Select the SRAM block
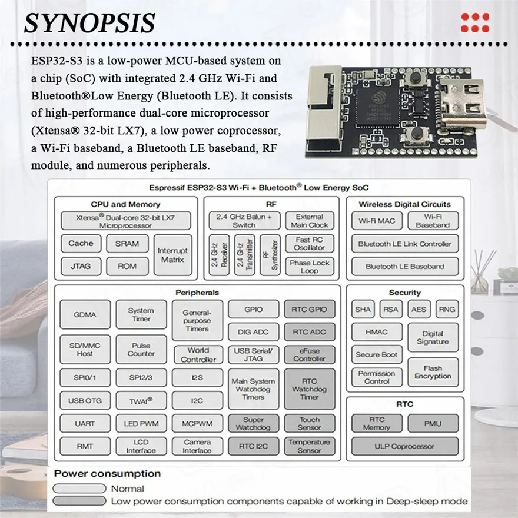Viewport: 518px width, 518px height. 127,243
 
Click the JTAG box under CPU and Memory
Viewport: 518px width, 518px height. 81,266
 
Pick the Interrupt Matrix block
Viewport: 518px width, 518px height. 172,255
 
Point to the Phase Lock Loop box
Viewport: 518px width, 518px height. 310,267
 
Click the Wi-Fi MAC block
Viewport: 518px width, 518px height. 377,221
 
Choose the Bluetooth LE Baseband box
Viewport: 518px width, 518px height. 404,266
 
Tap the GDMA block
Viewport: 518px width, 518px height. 85,314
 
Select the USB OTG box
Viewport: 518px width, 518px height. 85,401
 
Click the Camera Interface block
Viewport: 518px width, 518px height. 197,446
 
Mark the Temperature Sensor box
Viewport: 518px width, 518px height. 310,446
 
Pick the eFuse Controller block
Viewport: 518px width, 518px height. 310,354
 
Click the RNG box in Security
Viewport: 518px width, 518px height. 447,309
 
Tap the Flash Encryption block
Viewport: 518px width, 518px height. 433,372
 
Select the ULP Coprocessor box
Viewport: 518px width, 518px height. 404,446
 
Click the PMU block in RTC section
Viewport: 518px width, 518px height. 433,423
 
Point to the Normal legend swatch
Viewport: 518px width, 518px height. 80,489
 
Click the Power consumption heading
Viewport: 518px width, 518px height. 107,474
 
